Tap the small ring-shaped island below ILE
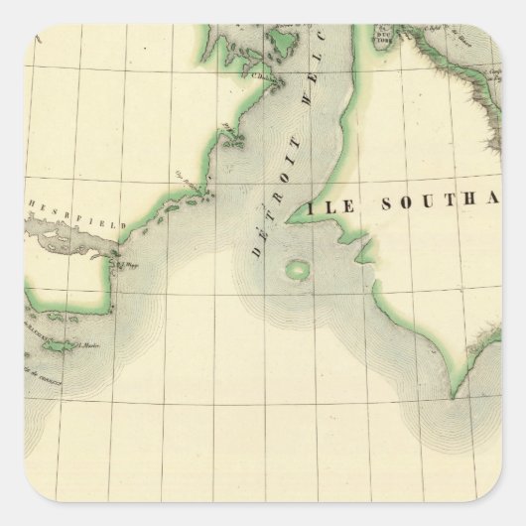pos(297,268)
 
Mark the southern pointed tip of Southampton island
pos(455,395)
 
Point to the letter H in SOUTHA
pos(485,205)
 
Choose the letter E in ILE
pos(341,206)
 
